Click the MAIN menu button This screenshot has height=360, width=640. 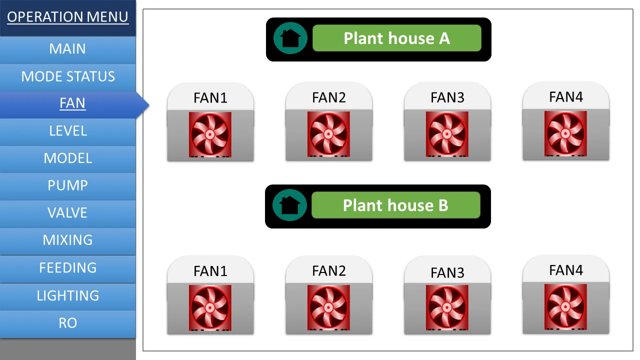point(67,49)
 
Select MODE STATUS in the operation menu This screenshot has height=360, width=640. point(67,76)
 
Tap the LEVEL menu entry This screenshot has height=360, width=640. point(67,131)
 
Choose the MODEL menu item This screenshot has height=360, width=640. point(67,158)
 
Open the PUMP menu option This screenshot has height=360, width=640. point(67,185)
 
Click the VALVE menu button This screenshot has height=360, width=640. point(67,213)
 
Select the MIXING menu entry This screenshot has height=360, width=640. point(67,240)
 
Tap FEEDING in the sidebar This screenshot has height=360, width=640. point(67,268)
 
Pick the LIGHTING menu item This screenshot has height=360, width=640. point(67,295)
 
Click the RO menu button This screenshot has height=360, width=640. point(67,323)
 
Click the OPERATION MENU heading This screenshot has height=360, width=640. point(67,17)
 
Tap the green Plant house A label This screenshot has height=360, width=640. point(396,38)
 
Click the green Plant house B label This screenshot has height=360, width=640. point(395,205)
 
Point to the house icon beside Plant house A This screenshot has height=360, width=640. point(290,38)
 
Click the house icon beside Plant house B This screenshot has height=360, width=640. point(289,205)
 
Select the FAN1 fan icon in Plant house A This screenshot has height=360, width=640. point(210,134)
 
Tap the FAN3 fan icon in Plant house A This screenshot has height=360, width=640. point(447,134)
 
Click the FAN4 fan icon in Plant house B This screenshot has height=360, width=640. point(565,307)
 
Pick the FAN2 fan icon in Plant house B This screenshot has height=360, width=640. point(328,307)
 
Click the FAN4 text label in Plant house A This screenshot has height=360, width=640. point(565,96)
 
